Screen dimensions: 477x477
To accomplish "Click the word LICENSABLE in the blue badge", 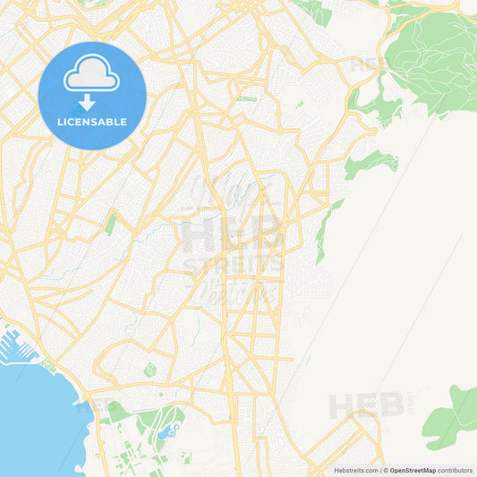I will tap(91, 121).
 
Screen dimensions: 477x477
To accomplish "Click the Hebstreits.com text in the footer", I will tap(356, 470).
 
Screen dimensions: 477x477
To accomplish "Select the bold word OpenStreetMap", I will tap(413, 470).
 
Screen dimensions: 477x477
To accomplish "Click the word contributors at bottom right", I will tap(456, 470).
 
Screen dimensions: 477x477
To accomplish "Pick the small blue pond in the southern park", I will tap(166, 434).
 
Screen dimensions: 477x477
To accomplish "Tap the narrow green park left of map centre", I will tap(110, 223).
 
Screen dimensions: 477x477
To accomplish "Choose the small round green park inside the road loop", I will tap(149, 370).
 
